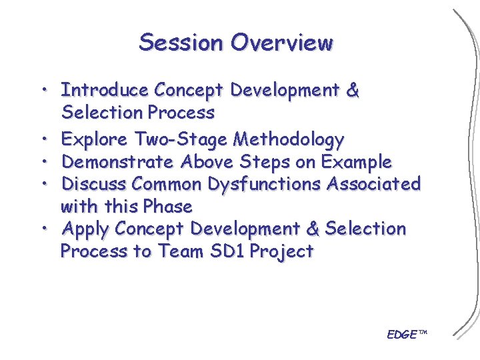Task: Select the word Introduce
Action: (x=104, y=90)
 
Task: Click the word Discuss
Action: (x=94, y=183)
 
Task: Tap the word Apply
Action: (x=85, y=229)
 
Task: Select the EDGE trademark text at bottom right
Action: (x=406, y=334)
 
